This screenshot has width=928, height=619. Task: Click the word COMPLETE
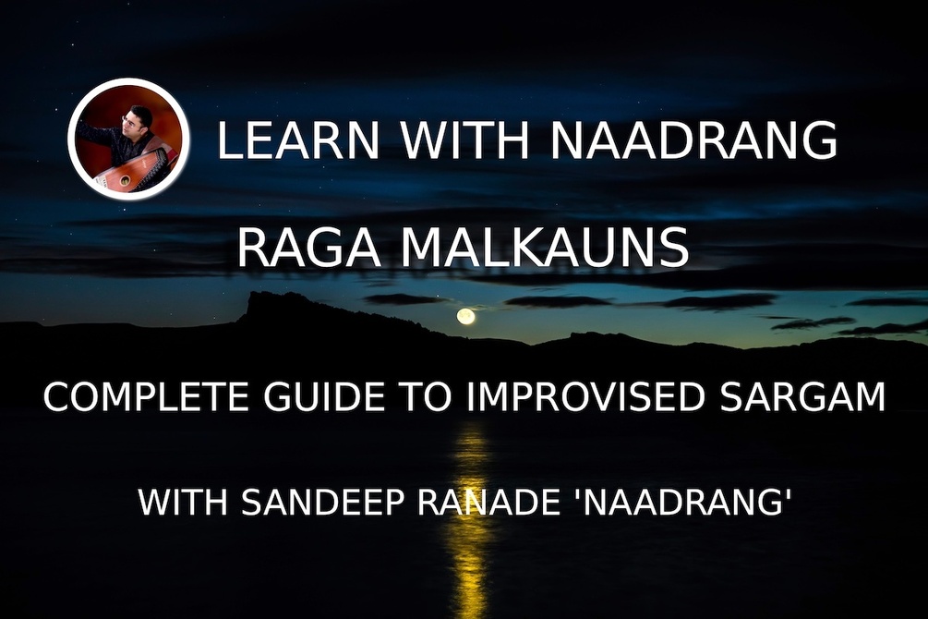149,398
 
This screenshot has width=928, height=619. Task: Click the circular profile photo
128,140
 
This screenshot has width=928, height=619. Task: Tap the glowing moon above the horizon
466,317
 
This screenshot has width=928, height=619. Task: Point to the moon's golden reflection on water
471,499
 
